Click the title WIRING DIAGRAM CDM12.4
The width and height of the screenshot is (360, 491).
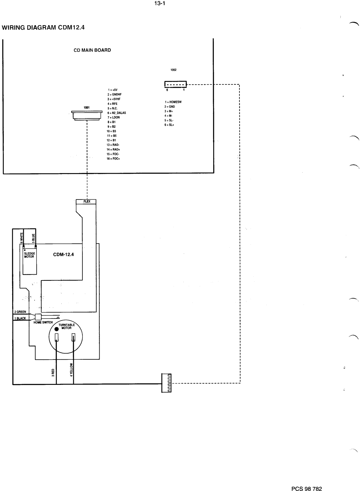tap(43, 28)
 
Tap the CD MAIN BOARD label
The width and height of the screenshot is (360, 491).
tap(92, 50)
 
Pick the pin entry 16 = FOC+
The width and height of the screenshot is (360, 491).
tap(113, 159)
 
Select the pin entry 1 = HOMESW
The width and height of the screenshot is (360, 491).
tap(173, 102)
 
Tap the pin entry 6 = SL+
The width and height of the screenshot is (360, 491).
tap(169, 125)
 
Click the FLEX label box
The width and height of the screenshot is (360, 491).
tap(87, 202)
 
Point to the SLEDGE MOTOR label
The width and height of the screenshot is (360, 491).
tap(29, 255)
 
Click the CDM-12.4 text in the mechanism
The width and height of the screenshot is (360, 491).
tap(63, 254)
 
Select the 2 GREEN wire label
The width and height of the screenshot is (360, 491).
tap(20, 312)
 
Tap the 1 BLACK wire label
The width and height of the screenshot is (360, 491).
tap(20, 318)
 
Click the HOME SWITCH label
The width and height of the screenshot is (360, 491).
tap(43, 323)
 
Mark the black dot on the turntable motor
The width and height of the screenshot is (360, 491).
tap(56, 329)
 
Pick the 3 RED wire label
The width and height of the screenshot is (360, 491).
tap(53, 372)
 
